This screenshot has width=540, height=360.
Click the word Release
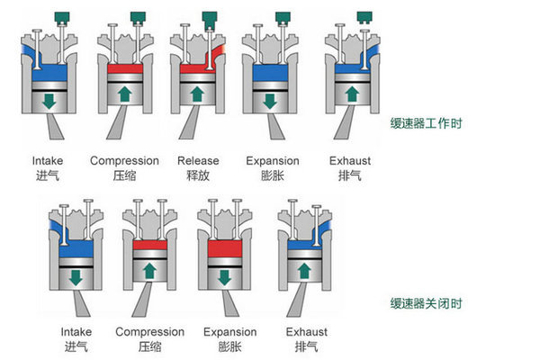(x=198, y=161)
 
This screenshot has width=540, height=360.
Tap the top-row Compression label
(x=124, y=161)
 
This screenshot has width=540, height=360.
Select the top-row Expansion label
(x=273, y=161)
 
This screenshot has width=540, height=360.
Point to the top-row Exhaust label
(x=350, y=161)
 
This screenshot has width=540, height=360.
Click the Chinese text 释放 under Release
(x=198, y=176)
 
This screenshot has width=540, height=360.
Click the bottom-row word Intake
(x=76, y=331)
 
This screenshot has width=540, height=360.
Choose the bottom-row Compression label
(x=149, y=331)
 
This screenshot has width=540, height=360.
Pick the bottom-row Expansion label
(x=225, y=331)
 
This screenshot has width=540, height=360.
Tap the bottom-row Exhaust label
(x=306, y=331)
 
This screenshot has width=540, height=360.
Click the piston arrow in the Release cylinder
(x=198, y=94)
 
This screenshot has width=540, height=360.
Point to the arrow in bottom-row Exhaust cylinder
(x=305, y=270)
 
